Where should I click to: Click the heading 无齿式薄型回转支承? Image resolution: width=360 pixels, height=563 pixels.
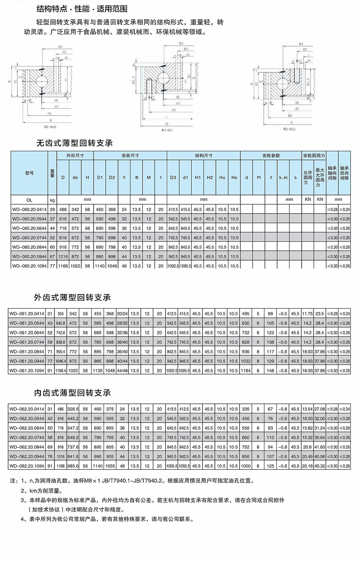click(x=74, y=143)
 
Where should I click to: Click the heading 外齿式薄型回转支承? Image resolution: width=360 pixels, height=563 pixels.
click(x=72, y=297)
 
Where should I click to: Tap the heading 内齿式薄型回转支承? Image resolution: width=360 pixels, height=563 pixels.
click(x=72, y=393)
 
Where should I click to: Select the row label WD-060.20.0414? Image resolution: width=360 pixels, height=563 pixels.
click(x=29, y=209)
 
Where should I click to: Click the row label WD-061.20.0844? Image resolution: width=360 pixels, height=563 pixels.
click(x=27, y=352)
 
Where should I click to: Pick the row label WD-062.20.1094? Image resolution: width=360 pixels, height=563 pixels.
click(x=27, y=466)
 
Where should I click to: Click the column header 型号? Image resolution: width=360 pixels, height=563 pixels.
click(x=29, y=173)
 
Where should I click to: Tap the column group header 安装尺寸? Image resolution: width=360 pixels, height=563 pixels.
click(x=130, y=155)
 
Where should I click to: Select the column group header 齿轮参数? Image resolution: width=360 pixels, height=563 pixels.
click(x=271, y=155)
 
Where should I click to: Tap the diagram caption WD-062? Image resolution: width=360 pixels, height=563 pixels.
click(x=289, y=129)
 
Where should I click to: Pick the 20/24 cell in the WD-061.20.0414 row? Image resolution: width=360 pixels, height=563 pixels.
click(x=122, y=314)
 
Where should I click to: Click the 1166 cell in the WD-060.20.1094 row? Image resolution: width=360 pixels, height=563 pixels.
click(x=63, y=266)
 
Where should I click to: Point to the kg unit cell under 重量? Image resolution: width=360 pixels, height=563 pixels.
click(x=52, y=199)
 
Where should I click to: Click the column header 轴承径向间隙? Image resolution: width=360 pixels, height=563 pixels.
click(x=344, y=173)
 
